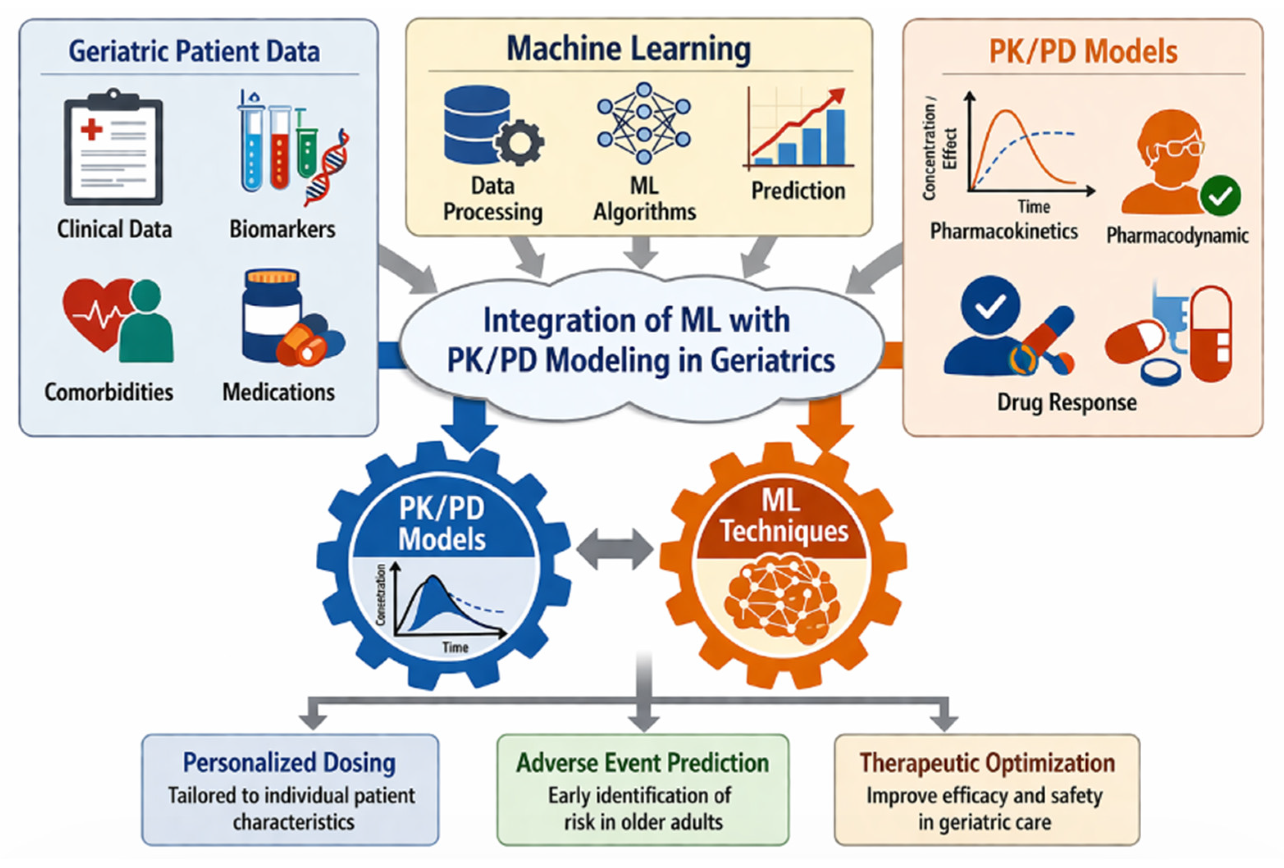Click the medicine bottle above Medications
(272, 315)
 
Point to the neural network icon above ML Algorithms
(644, 123)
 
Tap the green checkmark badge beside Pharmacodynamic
(1220, 196)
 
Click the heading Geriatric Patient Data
(194, 51)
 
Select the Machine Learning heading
(629, 49)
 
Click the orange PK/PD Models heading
(1083, 51)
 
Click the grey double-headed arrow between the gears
(614, 549)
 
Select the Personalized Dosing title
(289, 763)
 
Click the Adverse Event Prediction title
(643, 763)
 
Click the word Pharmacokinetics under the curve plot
(1004, 231)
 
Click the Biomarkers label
(282, 229)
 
